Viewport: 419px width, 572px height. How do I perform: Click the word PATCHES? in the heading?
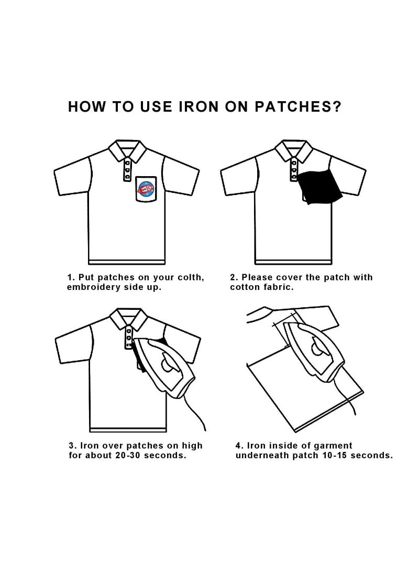[x=297, y=106]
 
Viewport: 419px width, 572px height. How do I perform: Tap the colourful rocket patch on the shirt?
[x=146, y=189]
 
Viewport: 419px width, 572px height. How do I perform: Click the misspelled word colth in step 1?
[x=191, y=277]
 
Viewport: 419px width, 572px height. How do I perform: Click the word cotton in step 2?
[x=245, y=287]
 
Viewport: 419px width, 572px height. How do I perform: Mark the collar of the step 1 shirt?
[x=127, y=150]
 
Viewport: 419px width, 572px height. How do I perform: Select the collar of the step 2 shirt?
[x=294, y=150]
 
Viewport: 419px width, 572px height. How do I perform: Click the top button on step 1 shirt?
[x=127, y=163]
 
